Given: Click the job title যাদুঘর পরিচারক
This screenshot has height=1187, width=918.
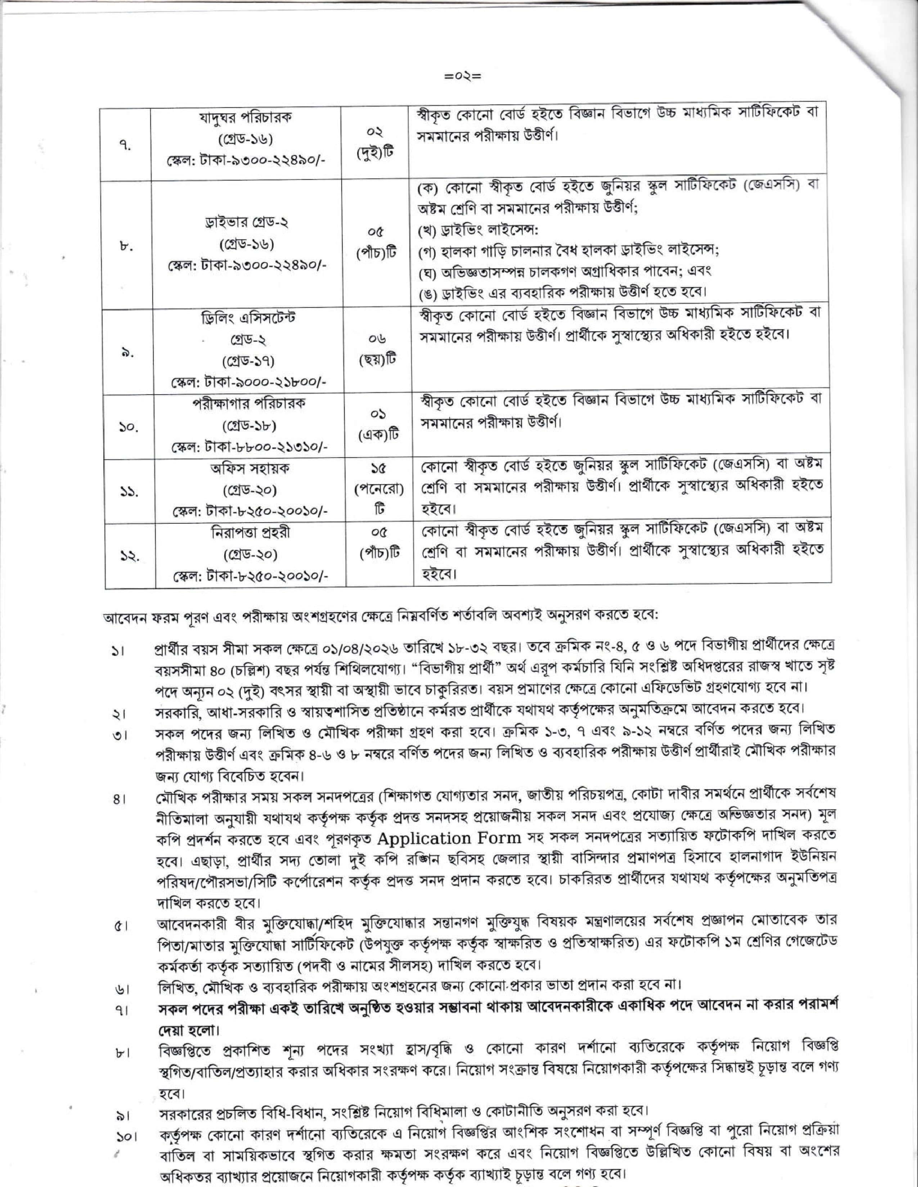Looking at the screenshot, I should [249, 117].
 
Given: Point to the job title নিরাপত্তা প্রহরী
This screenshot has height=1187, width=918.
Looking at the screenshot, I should [250, 533].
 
